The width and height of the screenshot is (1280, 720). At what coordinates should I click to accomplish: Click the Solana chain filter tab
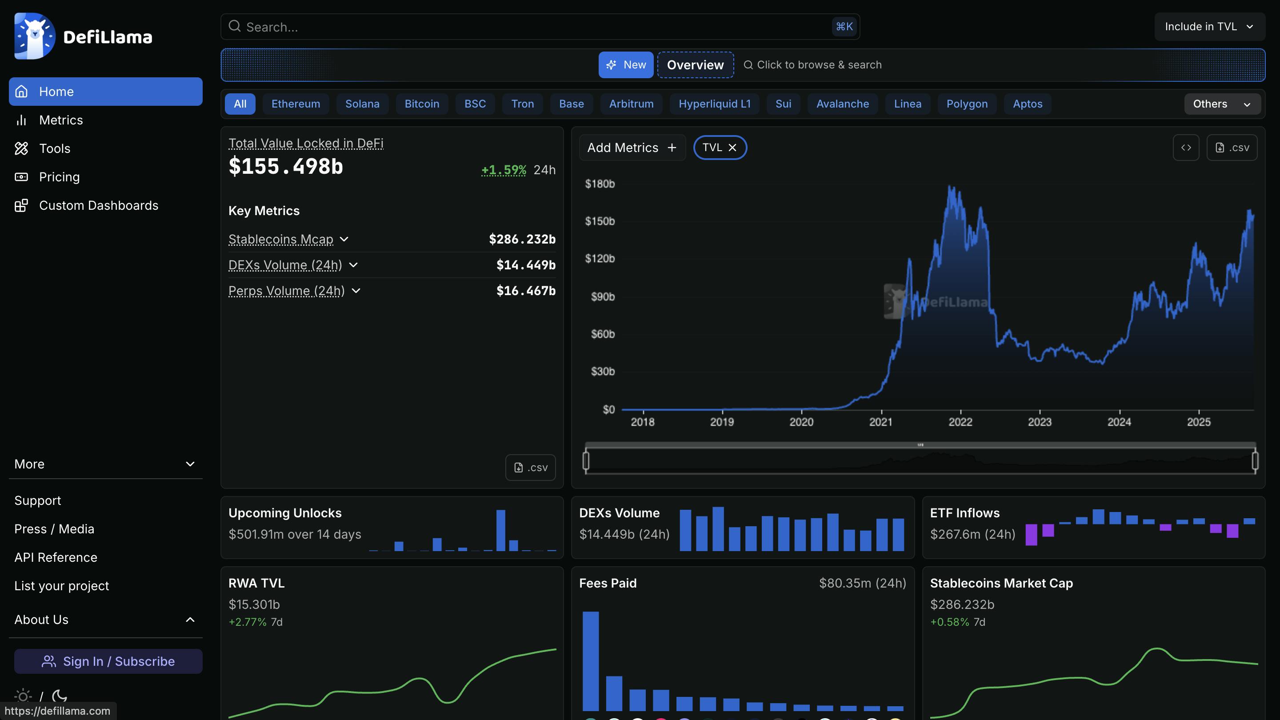362,104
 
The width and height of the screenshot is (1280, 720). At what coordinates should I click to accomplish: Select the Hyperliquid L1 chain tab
714,104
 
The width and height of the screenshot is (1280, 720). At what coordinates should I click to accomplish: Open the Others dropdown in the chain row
1221,104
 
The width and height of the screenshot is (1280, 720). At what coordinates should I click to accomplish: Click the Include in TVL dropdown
1209,26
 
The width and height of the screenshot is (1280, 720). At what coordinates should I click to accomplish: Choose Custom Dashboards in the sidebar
98,205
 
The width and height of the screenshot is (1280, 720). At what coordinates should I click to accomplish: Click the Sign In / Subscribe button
108,661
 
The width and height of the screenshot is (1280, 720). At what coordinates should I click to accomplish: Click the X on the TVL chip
732,148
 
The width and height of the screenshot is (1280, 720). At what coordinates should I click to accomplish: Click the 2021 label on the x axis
880,422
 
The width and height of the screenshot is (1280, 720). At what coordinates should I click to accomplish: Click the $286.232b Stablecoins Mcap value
522,239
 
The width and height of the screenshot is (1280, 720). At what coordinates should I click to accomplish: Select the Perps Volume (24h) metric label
286,291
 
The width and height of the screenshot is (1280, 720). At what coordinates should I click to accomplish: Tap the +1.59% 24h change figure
504,170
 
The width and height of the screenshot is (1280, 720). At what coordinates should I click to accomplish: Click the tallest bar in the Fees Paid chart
590,660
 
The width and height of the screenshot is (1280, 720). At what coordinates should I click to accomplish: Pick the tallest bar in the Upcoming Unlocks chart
500,530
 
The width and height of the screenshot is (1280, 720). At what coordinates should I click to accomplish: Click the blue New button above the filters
626,64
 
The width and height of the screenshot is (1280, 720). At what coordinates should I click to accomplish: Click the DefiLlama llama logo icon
34,36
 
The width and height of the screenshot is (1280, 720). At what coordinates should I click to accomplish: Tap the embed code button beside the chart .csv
1186,148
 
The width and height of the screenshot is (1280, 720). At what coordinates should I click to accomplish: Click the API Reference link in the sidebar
56,557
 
